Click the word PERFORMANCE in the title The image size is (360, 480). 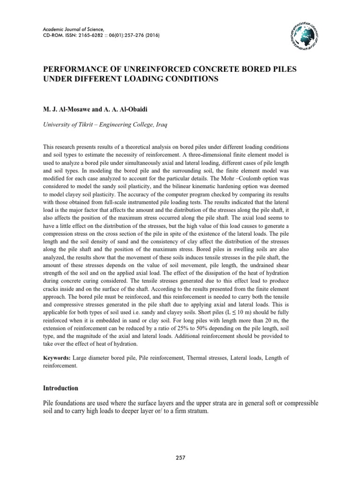click(75, 69)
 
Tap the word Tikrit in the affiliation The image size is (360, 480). click(87, 126)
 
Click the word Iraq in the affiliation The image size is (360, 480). click(162, 126)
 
